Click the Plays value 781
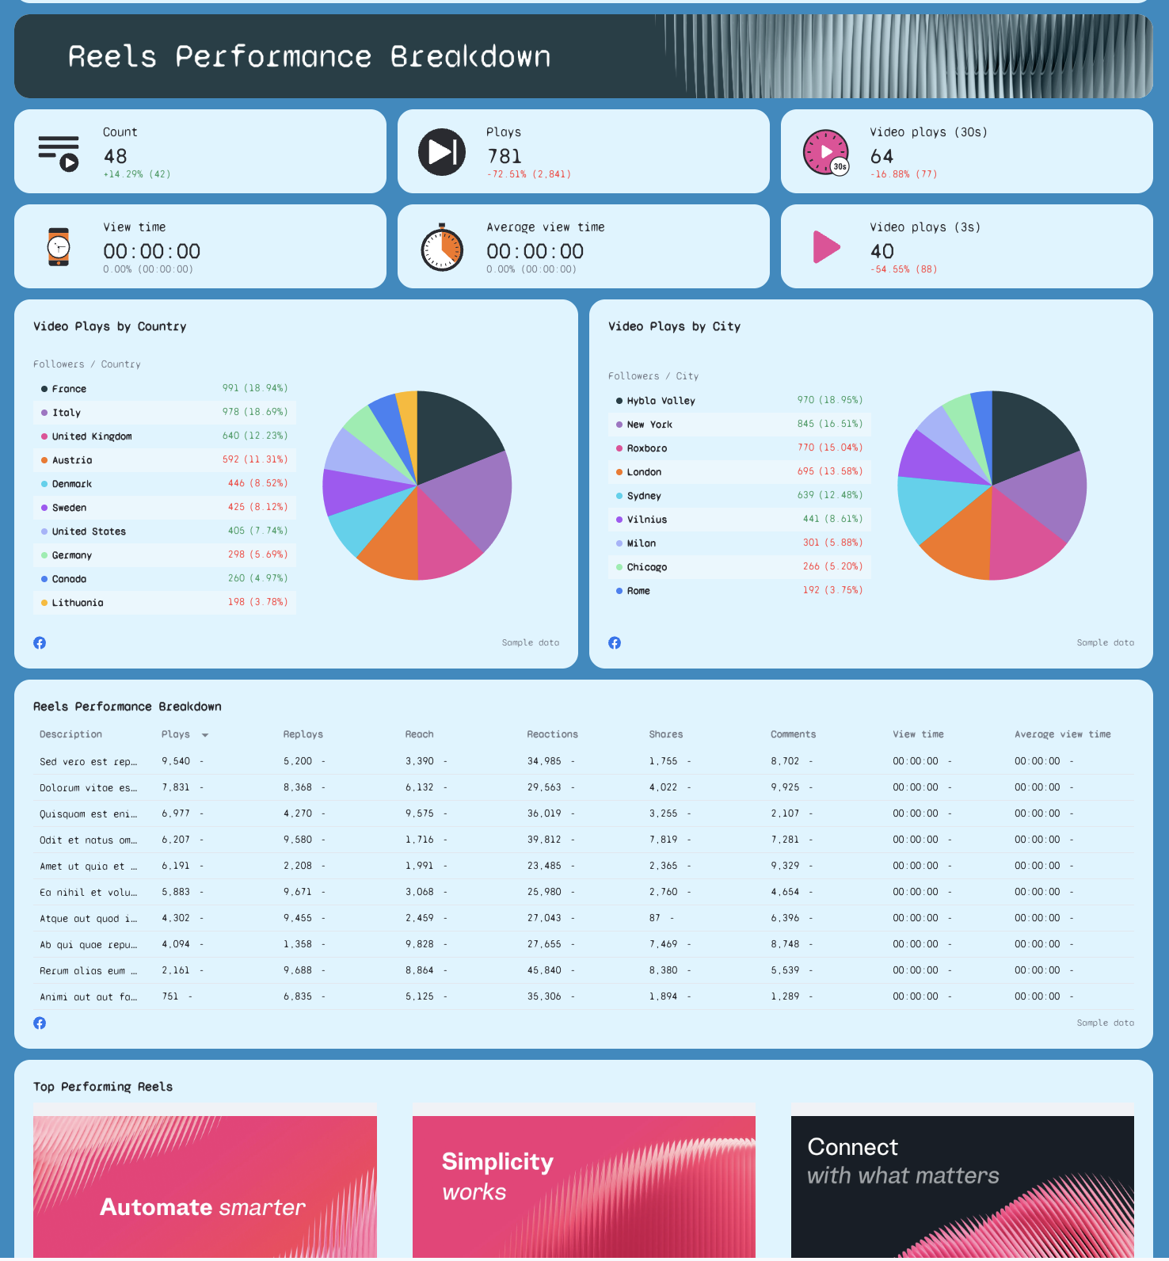(504, 156)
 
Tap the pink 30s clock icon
(825, 152)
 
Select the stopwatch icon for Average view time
(442, 248)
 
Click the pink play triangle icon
(825, 247)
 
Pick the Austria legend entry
(72, 460)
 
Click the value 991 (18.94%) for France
(254, 388)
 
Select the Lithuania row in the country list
(78, 603)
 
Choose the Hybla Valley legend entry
(661, 401)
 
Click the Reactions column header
(552, 734)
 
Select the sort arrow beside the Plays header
(205, 735)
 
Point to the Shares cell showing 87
(654, 918)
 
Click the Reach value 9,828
(419, 944)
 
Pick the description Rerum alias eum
(88, 970)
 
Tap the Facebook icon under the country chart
(40, 642)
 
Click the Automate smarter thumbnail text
(202, 1207)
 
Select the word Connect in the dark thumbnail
(852, 1147)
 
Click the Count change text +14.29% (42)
(136, 174)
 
